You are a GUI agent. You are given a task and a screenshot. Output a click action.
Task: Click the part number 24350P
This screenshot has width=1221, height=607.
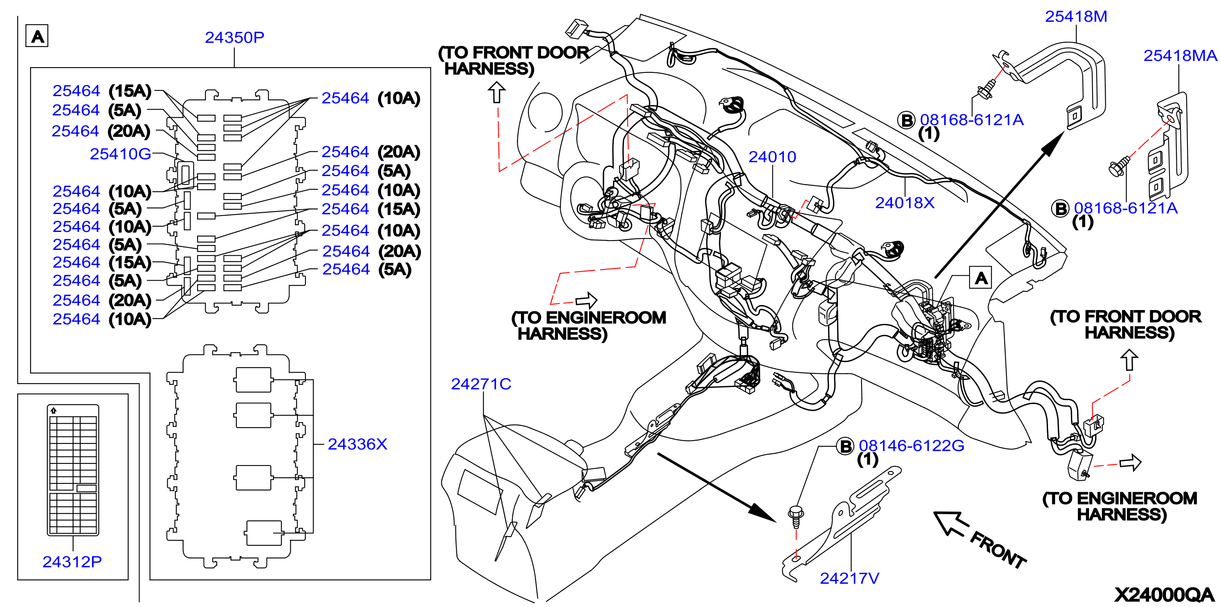234,38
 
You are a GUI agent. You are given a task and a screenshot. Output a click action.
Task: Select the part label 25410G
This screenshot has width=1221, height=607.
120,154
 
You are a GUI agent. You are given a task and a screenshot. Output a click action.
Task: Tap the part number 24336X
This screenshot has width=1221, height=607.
357,444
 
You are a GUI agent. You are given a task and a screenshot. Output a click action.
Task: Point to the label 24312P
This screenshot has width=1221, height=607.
72,562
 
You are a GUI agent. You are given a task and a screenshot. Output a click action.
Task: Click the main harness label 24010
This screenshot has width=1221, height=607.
772,157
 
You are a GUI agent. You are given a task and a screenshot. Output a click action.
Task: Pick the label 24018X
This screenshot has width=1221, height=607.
905,203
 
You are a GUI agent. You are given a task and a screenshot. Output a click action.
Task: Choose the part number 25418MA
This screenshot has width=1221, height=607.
1180,56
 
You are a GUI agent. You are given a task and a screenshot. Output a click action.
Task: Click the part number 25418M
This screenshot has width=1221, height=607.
1076,17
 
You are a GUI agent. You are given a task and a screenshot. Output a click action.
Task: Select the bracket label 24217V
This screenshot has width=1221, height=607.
849,578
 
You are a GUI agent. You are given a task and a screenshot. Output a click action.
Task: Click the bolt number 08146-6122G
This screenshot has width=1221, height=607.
911,446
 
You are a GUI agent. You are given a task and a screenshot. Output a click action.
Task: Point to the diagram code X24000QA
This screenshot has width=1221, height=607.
1164,595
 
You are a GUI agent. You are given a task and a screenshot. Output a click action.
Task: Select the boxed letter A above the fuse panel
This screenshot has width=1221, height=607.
37,36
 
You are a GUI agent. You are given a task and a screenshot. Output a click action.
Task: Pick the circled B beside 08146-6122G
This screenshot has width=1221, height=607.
845,446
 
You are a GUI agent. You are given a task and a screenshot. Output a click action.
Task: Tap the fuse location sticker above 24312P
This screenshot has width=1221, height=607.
73,470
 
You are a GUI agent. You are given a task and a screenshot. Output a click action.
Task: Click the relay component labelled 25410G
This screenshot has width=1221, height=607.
185,175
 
